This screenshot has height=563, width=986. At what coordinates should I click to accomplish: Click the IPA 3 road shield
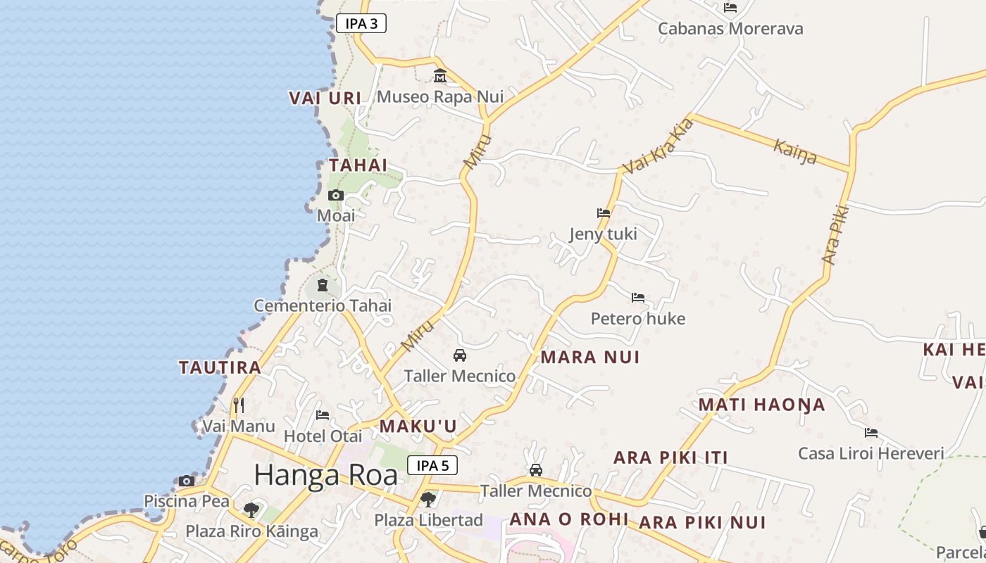pyautogui.click(x=361, y=23)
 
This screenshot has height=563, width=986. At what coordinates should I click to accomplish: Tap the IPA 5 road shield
pyautogui.click(x=432, y=465)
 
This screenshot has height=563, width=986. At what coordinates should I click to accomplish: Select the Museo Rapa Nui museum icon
pyautogui.click(x=440, y=75)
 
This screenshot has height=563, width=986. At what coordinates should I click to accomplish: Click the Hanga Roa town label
pyautogui.click(x=325, y=475)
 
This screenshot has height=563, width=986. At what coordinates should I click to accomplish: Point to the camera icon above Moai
pyautogui.click(x=336, y=195)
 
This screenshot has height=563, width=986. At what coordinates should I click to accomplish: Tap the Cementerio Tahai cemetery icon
pyautogui.click(x=323, y=285)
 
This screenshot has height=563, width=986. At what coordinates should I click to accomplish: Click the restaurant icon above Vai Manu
pyautogui.click(x=239, y=405)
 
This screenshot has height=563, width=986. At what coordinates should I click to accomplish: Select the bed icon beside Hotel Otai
pyautogui.click(x=323, y=415)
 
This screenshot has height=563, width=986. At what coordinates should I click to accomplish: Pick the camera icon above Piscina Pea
pyautogui.click(x=187, y=481)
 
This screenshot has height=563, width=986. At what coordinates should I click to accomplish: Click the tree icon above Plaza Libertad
pyautogui.click(x=428, y=500)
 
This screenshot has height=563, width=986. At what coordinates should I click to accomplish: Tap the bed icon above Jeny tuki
pyautogui.click(x=603, y=213)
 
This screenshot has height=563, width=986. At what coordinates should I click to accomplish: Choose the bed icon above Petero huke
pyautogui.click(x=638, y=298)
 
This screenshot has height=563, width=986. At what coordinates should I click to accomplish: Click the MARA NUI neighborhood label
pyautogui.click(x=590, y=357)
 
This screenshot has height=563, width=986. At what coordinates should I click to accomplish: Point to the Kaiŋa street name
pyautogui.click(x=795, y=151)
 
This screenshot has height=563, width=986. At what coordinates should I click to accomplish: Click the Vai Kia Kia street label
pyautogui.click(x=659, y=146)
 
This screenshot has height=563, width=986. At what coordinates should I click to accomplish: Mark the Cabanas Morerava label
pyautogui.click(x=730, y=29)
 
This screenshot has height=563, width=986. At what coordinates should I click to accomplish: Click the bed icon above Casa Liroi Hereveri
pyautogui.click(x=871, y=432)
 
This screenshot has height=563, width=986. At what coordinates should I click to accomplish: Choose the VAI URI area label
pyautogui.click(x=325, y=99)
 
